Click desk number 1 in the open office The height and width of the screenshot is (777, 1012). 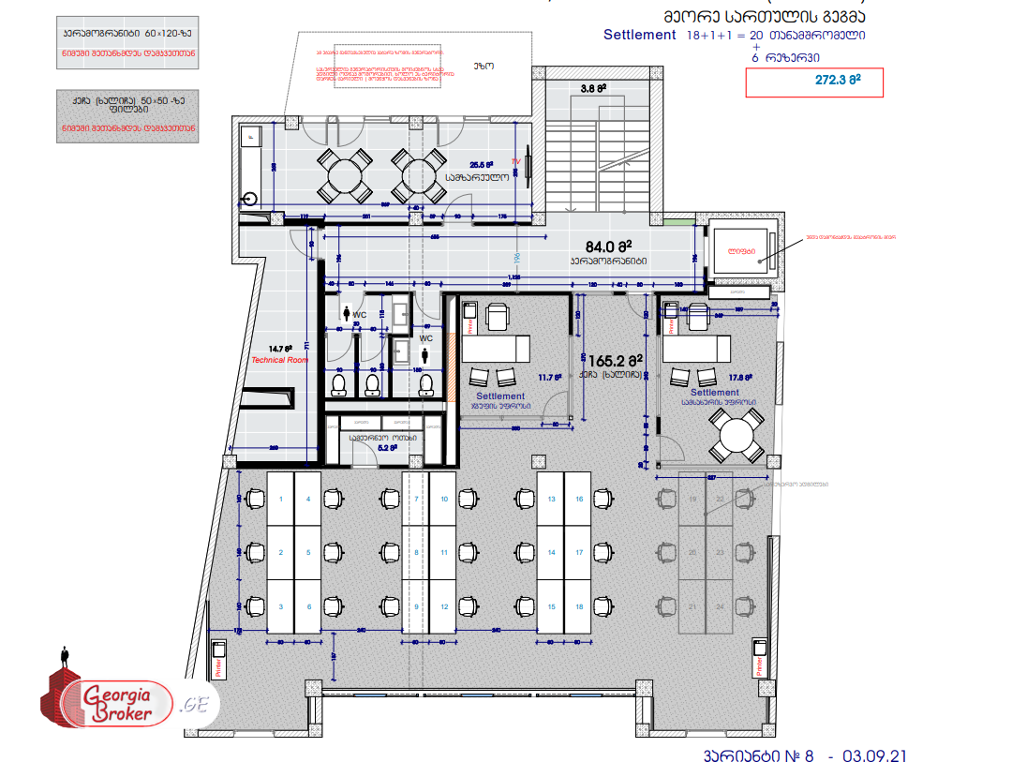pos(281,500)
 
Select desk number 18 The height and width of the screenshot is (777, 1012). pos(580,606)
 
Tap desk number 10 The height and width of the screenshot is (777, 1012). pos(444,500)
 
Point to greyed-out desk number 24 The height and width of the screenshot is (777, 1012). pos(720,606)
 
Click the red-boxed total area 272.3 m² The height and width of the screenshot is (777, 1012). pos(813,82)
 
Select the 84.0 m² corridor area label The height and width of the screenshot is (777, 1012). pos(610,247)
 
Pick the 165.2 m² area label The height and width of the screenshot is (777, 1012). pos(616,359)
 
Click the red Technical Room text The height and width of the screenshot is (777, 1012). pos(279,360)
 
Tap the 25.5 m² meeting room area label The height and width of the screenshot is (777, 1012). pos(484,164)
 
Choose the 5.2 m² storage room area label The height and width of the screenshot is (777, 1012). pos(387,448)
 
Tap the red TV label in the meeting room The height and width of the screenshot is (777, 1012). pos(514,161)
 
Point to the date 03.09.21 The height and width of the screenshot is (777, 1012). pos(874,756)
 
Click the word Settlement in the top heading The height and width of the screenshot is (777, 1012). pos(639,35)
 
